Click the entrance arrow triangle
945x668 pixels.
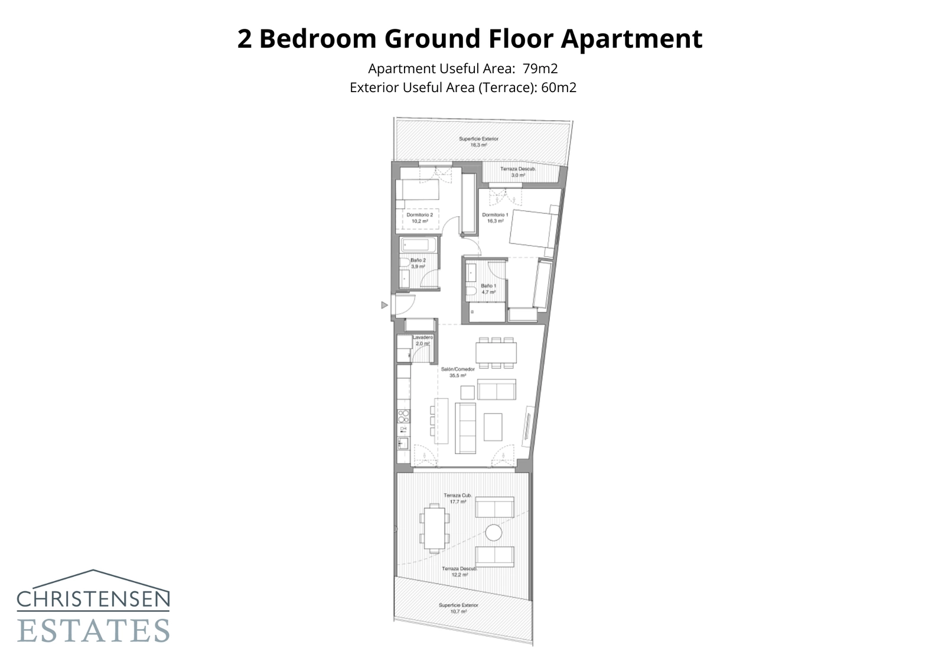384,305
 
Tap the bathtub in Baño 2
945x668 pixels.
419,245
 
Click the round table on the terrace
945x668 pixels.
493,533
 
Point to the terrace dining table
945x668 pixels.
435,528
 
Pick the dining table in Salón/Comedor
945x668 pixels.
496,353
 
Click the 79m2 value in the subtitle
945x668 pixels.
540,69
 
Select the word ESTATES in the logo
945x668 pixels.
93,630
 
